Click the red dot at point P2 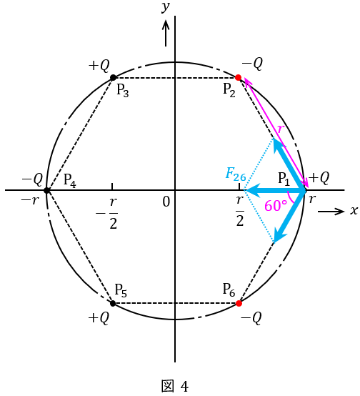(x=238, y=77)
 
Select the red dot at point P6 (x=239, y=303)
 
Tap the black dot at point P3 (x=114, y=77)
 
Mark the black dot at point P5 (x=113, y=303)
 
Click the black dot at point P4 (x=46, y=190)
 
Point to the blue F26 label (x=235, y=174)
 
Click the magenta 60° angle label (x=276, y=206)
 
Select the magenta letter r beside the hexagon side (x=281, y=129)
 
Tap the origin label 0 (x=166, y=202)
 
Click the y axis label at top (x=166, y=7)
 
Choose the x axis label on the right (x=354, y=210)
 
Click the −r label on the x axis (x=30, y=201)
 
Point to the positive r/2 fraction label (x=240, y=211)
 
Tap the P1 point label (x=284, y=179)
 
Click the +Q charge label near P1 (x=319, y=178)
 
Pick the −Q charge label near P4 (x=32, y=179)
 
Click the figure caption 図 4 (x=175, y=387)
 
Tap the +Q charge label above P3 (x=99, y=66)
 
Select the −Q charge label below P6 (x=251, y=318)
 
